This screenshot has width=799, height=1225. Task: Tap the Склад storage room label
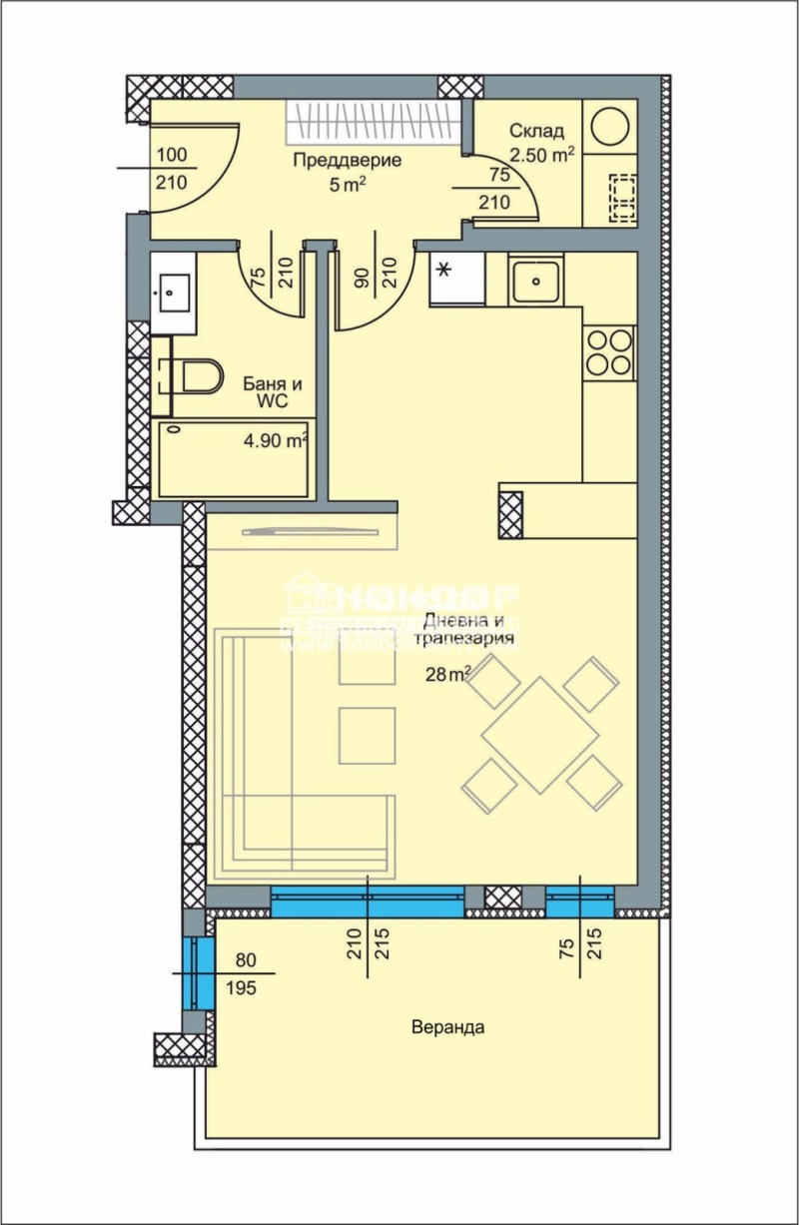[536, 131]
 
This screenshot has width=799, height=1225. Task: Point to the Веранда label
[446, 1027]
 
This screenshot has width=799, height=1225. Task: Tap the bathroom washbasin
[174, 292]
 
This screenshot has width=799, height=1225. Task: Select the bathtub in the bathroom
[234, 457]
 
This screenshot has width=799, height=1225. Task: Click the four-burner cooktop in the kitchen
[609, 351]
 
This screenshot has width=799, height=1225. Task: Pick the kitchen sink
[537, 281]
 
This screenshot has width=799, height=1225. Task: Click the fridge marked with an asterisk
[456, 280]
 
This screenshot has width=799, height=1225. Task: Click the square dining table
[540, 735]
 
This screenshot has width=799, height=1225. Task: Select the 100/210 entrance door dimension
[172, 169]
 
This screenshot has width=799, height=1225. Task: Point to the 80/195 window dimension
[244, 974]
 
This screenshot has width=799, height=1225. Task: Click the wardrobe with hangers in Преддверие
[375, 123]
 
